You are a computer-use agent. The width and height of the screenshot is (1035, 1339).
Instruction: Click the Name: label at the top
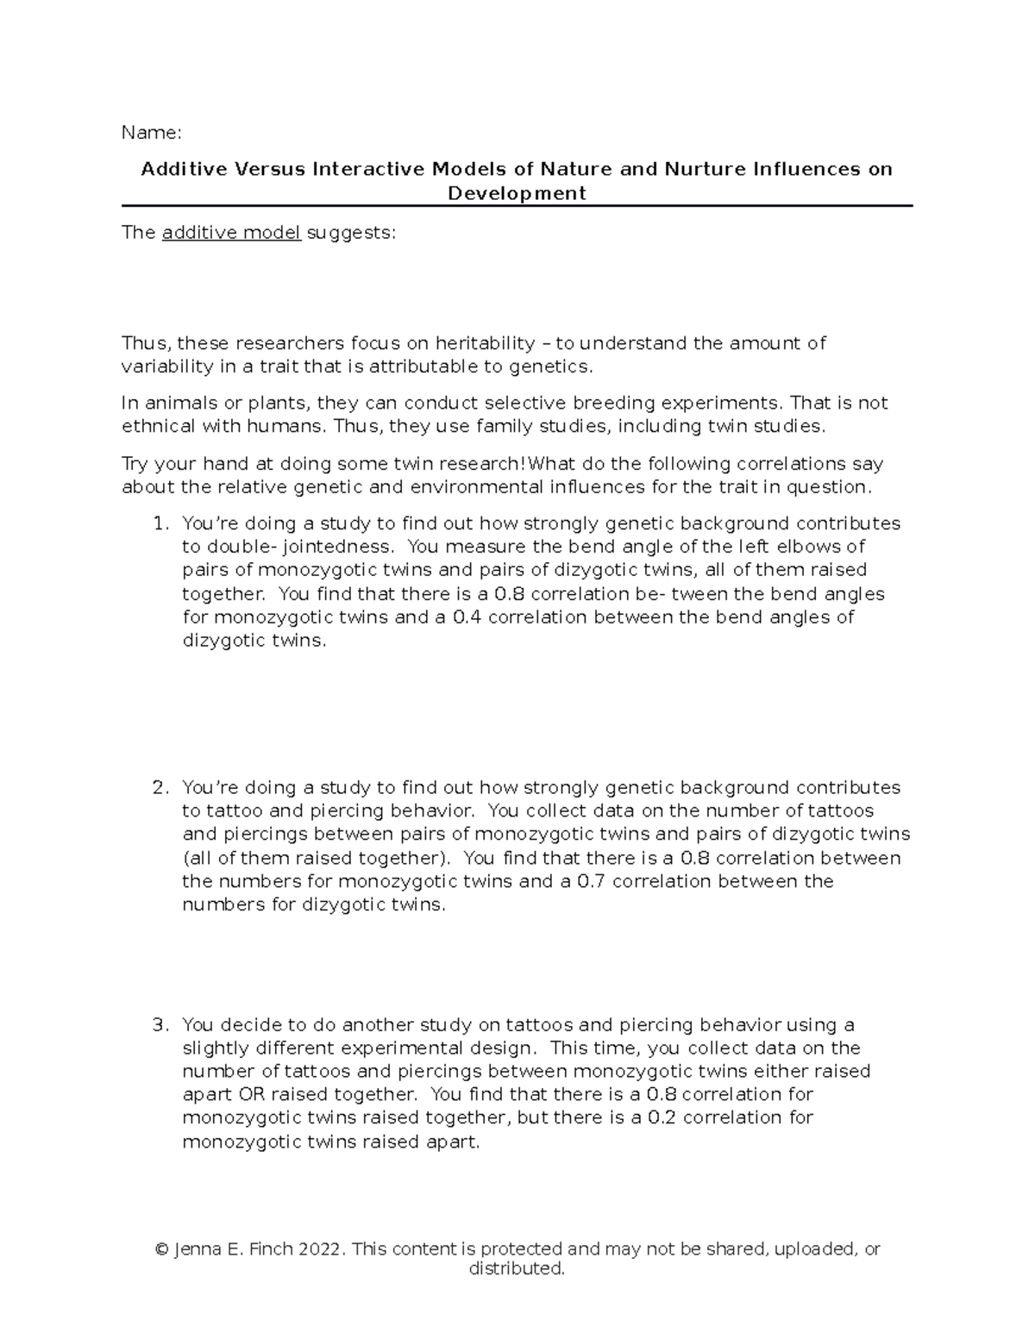click(152, 133)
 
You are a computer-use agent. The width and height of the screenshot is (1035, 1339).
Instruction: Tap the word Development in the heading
click(517, 193)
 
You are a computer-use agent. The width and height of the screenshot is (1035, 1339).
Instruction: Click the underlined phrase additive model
click(231, 233)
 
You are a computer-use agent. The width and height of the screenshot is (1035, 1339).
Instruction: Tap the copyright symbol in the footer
click(160, 1249)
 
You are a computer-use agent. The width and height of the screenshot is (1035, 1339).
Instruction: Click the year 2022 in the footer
click(322, 1249)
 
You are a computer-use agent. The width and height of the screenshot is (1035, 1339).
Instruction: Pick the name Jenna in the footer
click(198, 1249)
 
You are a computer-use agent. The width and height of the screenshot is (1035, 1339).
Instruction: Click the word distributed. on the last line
click(517, 1269)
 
